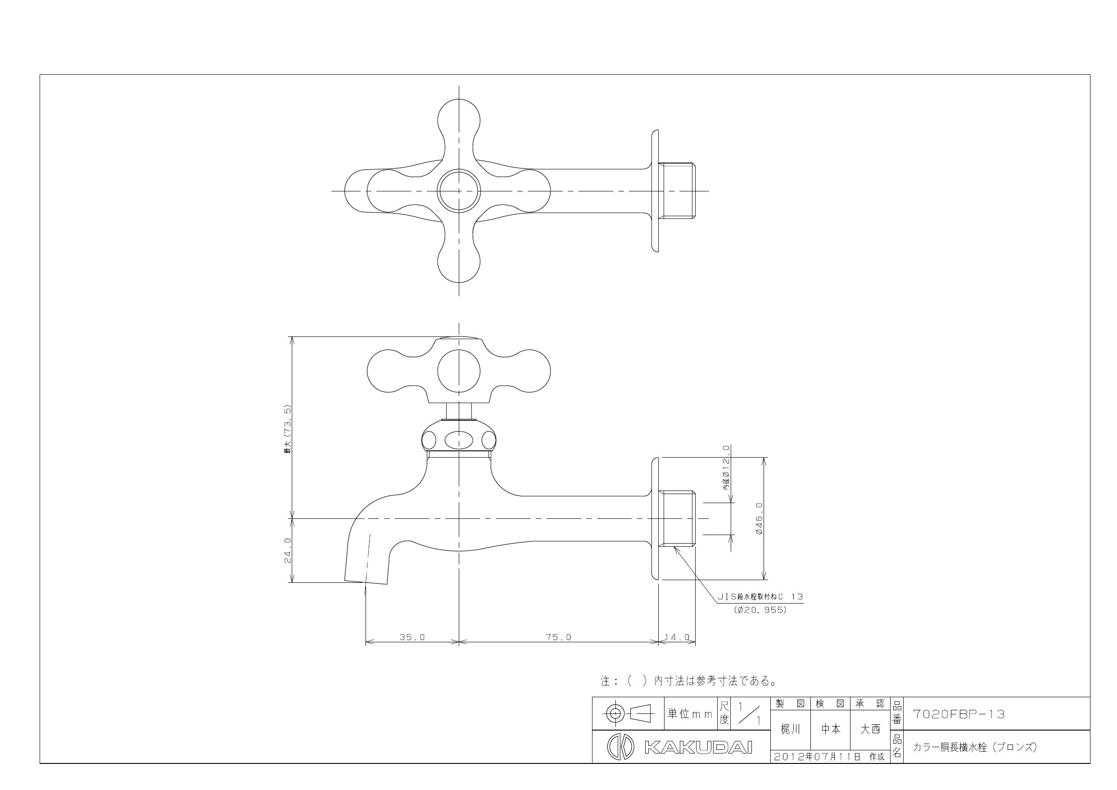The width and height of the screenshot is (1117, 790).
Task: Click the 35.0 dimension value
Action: [412, 637]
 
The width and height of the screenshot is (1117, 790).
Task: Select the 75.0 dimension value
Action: [558, 637]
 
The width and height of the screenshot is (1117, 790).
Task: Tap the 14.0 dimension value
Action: [677, 637]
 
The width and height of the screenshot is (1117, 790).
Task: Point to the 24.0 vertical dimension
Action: [288, 550]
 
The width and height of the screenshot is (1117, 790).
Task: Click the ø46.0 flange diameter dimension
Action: [760, 519]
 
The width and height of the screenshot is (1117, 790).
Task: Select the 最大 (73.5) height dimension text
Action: [288, 429]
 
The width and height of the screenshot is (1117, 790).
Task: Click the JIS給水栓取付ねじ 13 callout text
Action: [760, 597]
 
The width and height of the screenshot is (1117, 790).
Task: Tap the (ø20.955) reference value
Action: [760, 610]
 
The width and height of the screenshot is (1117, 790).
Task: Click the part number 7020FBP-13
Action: [959, 714]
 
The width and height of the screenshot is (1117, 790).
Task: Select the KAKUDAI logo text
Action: [698, 748]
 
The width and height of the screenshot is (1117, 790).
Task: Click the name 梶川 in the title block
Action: [790, 729]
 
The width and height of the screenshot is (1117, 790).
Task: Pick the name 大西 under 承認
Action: [870, 729]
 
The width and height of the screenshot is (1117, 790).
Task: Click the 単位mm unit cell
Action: [690, 714]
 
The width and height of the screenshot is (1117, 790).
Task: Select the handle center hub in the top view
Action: [458, 191]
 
